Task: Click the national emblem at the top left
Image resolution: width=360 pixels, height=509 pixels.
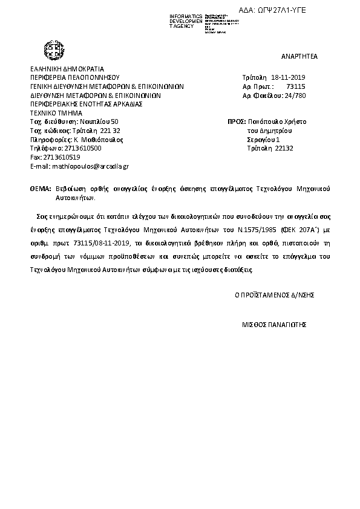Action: (x=53, y=50)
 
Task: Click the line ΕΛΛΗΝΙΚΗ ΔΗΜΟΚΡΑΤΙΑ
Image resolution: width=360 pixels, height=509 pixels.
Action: (x=67, y=69)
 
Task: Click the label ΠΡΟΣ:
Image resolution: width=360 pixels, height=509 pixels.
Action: (x=237, y=122)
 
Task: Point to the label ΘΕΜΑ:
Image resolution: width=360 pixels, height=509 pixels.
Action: (x=41, y=189)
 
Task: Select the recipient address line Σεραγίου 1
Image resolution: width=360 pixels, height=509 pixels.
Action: (x=263, y=139)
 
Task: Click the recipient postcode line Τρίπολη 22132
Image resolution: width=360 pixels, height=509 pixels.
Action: (x=269, y=148)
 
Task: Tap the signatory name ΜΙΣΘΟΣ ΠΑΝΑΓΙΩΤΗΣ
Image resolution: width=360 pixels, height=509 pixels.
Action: (x=275, y=325)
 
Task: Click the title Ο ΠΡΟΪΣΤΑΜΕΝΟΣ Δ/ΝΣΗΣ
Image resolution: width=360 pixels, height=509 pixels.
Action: (x=274, y=295)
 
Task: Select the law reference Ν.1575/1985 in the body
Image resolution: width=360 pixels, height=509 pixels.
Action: (x=258, y=231)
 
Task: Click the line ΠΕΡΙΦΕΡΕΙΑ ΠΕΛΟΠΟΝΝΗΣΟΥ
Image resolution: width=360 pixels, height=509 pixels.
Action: (x=75, y=78)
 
